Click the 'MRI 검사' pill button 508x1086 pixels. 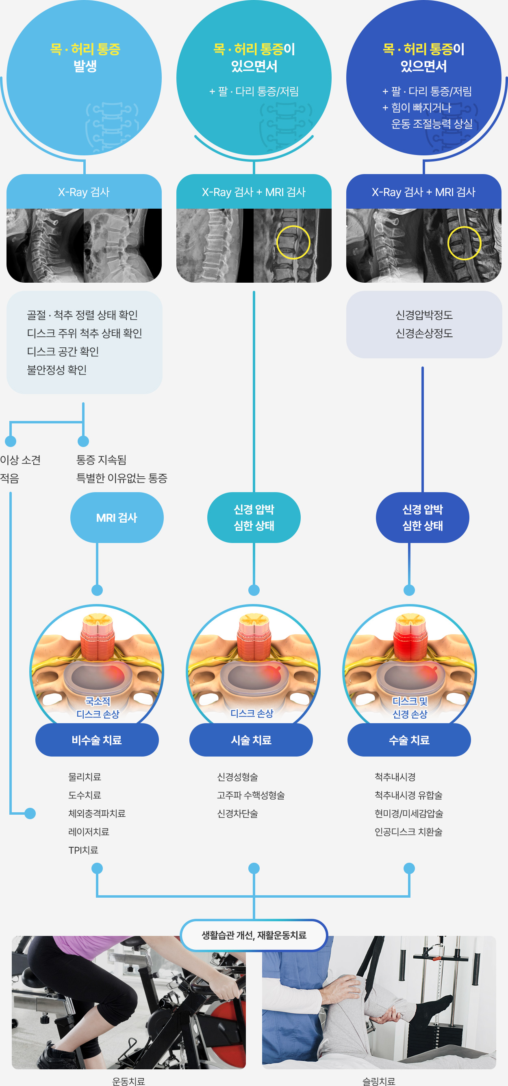point(117,517)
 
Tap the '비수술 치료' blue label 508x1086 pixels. point(97,740)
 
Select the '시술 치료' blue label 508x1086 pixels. point(251,740)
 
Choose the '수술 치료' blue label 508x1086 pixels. point(409,740)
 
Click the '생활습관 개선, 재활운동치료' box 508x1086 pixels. point(254,935)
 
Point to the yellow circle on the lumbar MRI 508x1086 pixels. point(293,242)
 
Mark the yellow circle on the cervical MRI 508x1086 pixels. point(464,243)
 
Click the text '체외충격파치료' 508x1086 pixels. point(97,813)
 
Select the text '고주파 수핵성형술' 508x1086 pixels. point(251,795)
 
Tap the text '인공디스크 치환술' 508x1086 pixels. point(408,831)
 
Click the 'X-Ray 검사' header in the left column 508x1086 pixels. point(84,192)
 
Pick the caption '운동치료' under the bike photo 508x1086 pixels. point(128,1081)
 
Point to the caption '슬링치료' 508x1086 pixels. point(379,1081)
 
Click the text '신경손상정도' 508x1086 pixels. point(424,333)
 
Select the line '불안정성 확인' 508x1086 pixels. point(57,370)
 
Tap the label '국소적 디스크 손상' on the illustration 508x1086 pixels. point(98,707)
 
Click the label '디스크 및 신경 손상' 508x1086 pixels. point(410,707)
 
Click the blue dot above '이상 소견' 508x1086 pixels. point(11,441)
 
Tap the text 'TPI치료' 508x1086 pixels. point(83,850)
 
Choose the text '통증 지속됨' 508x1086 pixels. point(101,460)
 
